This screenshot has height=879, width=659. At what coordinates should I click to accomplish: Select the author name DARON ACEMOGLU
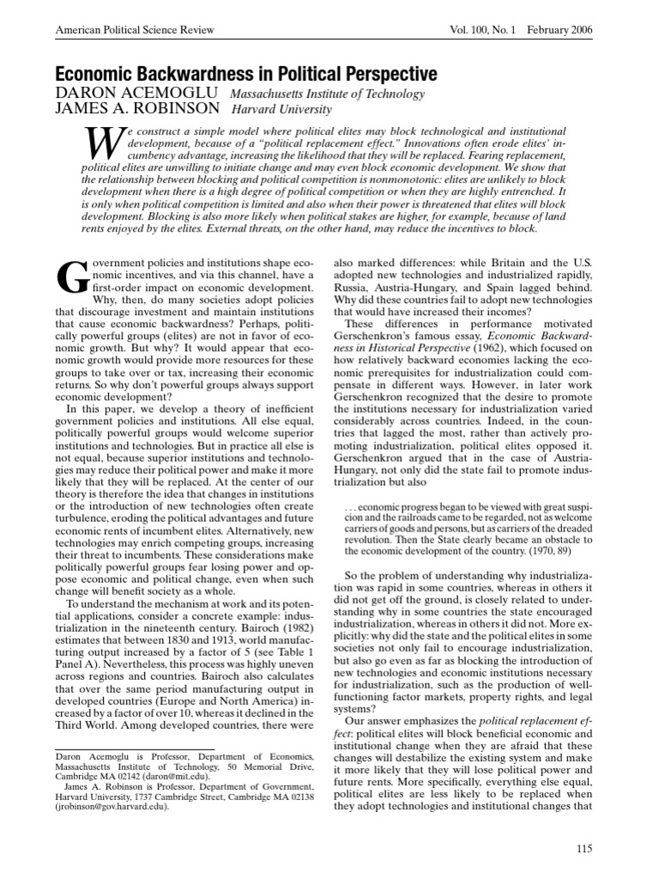[119, 94]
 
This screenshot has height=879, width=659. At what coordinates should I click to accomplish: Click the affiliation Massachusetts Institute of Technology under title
[316, 94]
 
